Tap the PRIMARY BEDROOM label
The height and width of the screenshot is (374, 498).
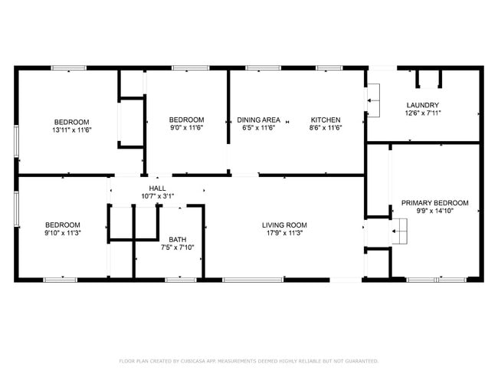tap(435, 203)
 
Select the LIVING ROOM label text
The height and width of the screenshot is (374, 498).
tap(284, 225)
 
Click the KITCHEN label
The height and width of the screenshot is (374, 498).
tap(326, 120)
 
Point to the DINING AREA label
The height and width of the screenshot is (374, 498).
tap(258, 120)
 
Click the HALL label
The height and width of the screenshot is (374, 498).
tap(158, 189)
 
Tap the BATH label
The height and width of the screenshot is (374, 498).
tap(178, 240)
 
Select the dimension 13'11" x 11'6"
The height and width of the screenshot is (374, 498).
tap(72, 130)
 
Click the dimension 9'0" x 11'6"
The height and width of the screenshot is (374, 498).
tap(186, 128)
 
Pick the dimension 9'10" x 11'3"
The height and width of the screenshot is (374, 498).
tap(63, 233)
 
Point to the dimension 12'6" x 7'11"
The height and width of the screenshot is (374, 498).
tap(423, 113)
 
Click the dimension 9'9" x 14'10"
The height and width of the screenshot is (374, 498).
tap(435, 211)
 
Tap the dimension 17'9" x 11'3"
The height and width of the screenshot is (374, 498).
tap(284, 233)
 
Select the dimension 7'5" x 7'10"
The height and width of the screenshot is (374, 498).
tap(178, 248)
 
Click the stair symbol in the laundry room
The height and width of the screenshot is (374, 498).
tap(374, 100)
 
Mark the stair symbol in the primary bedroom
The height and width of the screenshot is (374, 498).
tap(399, 231)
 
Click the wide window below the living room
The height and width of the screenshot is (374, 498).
tap(253, 280)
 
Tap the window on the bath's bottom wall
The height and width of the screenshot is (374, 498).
tap(181, 280)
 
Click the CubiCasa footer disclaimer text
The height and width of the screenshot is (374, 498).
tap(249, 361)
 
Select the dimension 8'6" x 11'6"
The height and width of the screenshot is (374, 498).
tap(326, 128)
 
